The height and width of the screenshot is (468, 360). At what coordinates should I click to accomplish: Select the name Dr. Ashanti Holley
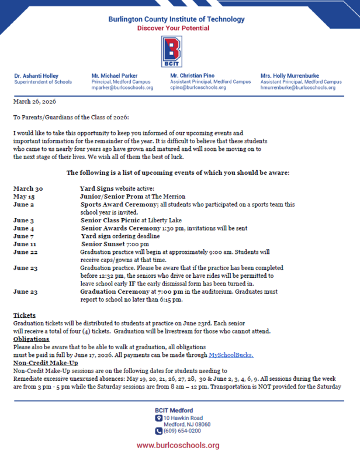[36, 76]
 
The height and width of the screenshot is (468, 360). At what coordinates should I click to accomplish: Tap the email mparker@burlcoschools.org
[122, 88]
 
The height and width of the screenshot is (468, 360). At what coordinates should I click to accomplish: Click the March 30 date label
[28, 189]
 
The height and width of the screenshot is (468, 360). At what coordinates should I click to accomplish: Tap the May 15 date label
[24, 197]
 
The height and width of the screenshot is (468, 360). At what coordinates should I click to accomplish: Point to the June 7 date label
[23, 236]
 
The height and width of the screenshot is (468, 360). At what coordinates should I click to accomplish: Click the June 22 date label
[25, 252]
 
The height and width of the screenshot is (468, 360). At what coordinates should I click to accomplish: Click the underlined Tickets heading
[25, 315]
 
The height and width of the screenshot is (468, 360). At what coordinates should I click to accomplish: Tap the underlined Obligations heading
[31, 339]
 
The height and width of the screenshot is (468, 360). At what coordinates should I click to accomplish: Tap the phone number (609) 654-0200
[185, 432]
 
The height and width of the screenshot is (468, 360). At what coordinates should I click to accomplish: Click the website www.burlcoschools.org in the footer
[178, 446]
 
